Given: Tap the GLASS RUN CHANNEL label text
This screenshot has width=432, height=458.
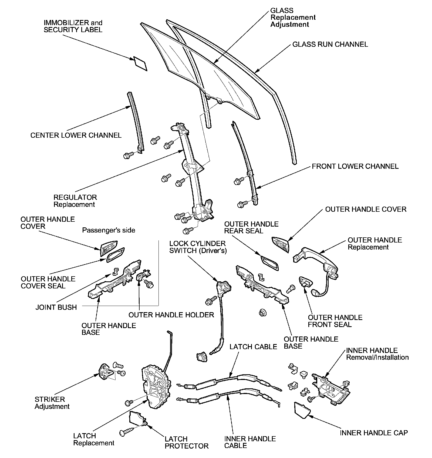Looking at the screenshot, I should [x=330, y=45].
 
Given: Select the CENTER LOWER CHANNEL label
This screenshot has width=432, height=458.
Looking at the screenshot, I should [x=76, y=135].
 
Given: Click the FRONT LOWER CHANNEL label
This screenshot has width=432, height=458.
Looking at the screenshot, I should [x=355, y=166].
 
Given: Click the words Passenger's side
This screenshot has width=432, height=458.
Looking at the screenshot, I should [x=109, y=230].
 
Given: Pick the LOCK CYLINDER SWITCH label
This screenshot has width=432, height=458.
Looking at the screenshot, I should [x=198, y=247].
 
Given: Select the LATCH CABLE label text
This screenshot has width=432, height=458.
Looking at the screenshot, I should [x=253, y=347].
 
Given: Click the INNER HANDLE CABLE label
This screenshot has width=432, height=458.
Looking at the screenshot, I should [x=250, y=442].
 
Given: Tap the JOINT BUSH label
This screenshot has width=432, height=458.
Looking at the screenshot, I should [x=56, y=307].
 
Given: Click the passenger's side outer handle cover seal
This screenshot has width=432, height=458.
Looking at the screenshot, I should [x=116, y=255].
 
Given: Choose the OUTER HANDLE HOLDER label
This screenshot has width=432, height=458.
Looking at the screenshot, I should [x=171, y=315].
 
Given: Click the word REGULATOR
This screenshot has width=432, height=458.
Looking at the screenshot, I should [x=75, y=197].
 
